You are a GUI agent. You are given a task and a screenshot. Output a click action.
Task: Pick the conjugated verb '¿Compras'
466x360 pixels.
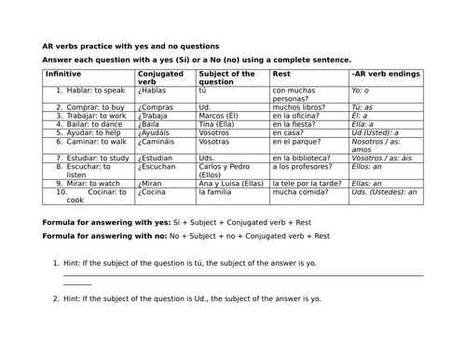156,107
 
